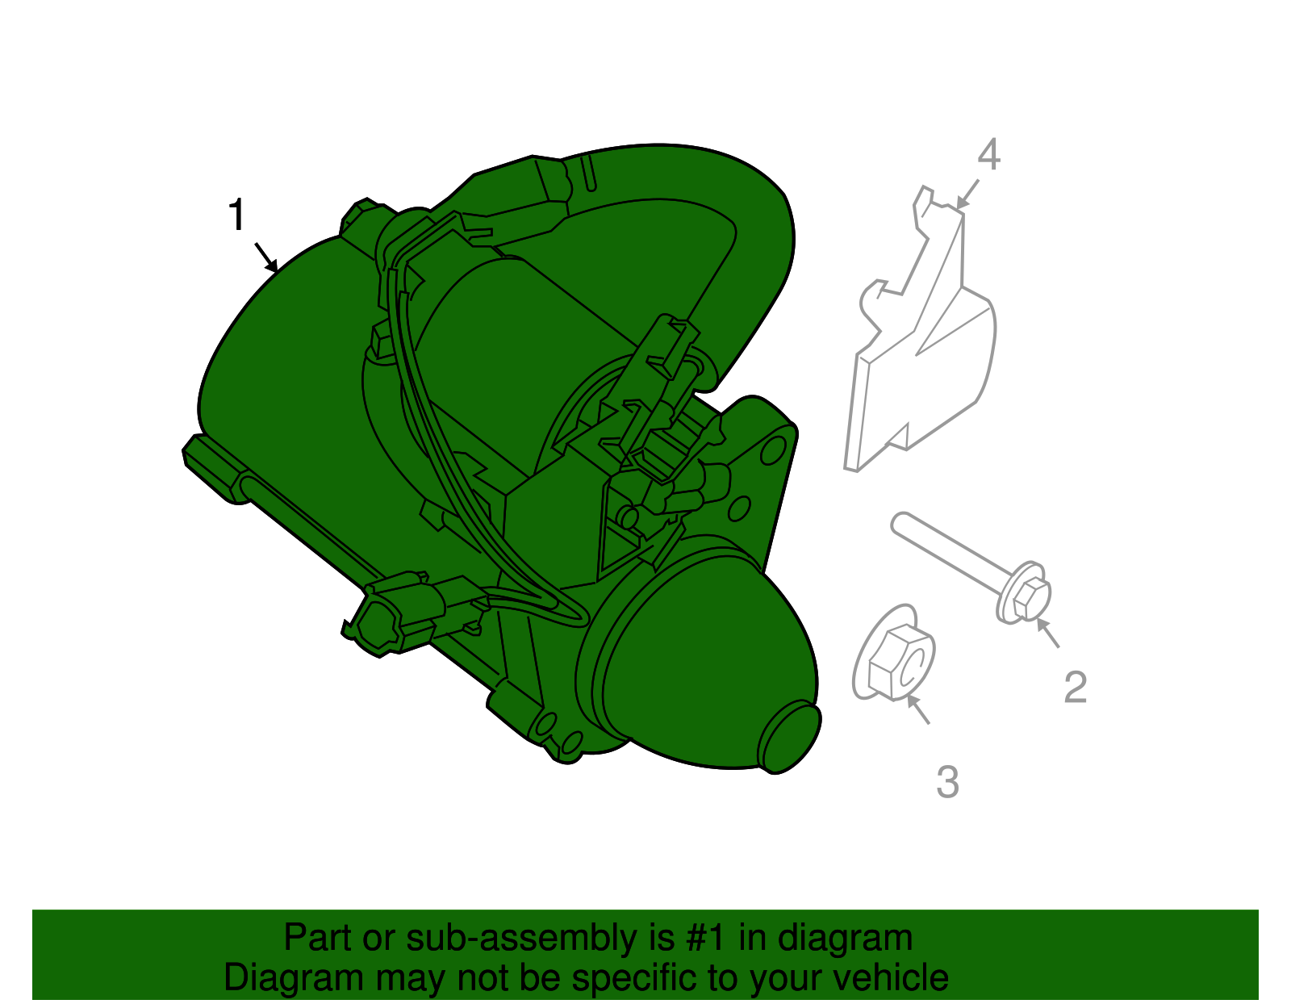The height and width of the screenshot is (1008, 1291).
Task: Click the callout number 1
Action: click(x=236, y=215)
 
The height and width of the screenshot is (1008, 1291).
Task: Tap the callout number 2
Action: click(x=1075, y=688)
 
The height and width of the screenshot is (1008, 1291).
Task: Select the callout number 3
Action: click(x=947, y=781)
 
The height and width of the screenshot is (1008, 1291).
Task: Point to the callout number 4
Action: click(x=989, y=155)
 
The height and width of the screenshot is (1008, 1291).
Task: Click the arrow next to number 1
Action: click(x=266, y=257)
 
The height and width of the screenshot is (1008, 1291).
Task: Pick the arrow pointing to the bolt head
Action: click(x=1047, y=634)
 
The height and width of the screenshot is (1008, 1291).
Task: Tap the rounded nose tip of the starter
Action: click(x=789, y=738)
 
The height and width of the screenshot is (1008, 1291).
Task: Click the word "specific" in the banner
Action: click(x=612, y=978)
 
